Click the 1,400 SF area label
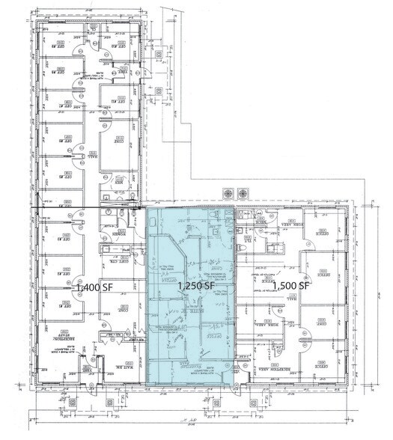coord(92,287)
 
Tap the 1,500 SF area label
coord(291,286)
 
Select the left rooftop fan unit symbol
coord(225,194)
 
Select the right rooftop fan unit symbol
coord(242,194)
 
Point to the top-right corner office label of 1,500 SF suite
coord(323,233)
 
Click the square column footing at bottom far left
coord(73,402)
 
